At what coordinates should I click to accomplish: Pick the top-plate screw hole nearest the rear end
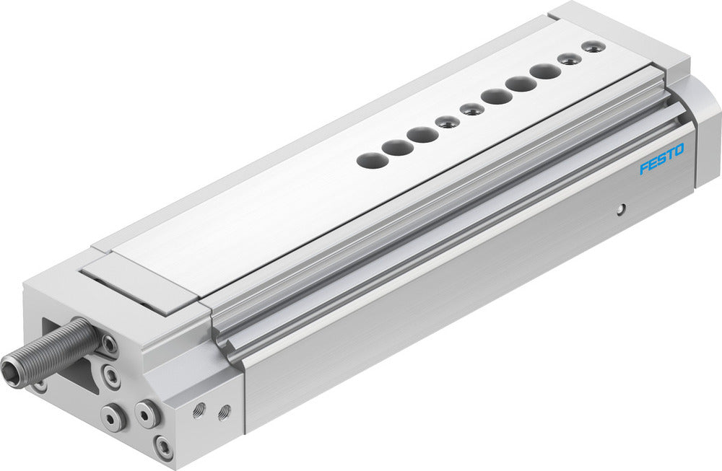pos(593,47)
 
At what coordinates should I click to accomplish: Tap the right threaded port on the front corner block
pos(224,411)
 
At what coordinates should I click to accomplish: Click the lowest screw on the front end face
pos(165,446)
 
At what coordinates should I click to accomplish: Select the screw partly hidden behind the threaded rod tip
pos(40,386)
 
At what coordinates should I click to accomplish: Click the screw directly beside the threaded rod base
pos(109,345)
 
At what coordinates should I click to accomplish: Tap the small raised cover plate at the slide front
pos(141,287)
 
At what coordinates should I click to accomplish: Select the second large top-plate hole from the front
pos(397,148)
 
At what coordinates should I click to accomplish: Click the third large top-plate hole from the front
pos(422,135)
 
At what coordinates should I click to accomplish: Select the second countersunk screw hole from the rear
pos(570,59)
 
